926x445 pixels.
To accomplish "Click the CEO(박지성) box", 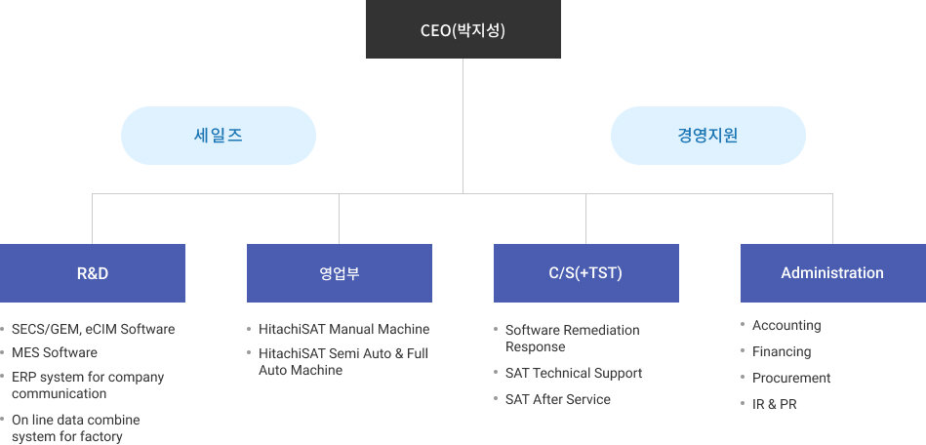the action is click(x=463, y=29).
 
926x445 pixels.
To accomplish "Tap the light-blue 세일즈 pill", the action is click(x=219, y=136).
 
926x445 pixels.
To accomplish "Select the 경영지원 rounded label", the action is click(x=708, y=136).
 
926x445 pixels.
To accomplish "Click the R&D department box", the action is click(x=93, y=273).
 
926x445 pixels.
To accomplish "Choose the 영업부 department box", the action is click(x=340, y=273).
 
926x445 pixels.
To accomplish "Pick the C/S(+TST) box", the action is click(x=586, y=273).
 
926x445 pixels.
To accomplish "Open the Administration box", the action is click(x=833, y=273).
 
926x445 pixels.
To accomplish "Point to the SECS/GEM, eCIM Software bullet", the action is click(x=94, y=329).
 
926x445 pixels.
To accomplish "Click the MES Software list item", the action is click(x=55, y=353).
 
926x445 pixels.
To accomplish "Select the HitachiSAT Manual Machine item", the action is click(x=344, y=329).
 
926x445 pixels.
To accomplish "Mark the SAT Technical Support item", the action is click(x=574, y=374).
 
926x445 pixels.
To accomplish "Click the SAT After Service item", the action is click(x=558, y=399).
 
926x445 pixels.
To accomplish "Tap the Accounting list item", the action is click(x=786, y=326).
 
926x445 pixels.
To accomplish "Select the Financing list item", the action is click(x=782, y=351).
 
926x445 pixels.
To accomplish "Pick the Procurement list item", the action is click(x=791, y=379).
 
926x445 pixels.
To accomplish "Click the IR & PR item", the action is click(x=774, y=404).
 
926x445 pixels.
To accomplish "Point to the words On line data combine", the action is click(x=76, y=421).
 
